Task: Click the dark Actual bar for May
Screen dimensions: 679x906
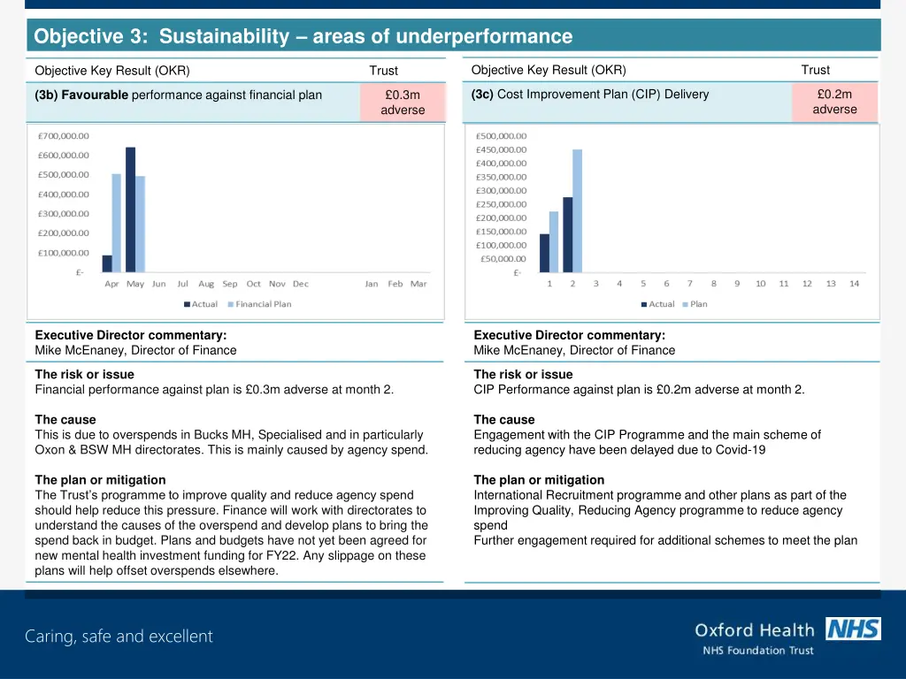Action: pyautogui.click(x=131, y=210)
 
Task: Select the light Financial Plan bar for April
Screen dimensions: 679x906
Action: pyautogui.click(x=116, y=223)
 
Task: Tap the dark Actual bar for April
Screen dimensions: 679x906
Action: pyautogui.click(x=107, y=263)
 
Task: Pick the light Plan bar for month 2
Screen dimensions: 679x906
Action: pyautogui.click(x=578, y=210)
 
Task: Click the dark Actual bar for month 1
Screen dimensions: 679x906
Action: pyautogui.click(x=544, y=253)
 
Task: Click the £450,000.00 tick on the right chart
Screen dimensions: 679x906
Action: pyautogui.click(x=501, y=149)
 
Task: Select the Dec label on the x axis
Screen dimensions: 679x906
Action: pyautogui.click(x=301, y=284)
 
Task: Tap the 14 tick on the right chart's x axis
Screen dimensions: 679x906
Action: pyautogui.click(x=854, y=284)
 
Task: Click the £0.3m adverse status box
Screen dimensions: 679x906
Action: pyautogui.click(x=403, y=103)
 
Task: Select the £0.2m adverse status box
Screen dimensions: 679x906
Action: pyautogui.click(x=834, y=102)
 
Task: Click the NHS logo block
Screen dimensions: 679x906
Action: pyautogui.click(x=853, y=629)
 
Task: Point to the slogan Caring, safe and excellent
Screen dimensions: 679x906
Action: pyautogui.click(x=119, y=637)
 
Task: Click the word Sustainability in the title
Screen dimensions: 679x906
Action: pyautogui.click(x=225, y=36)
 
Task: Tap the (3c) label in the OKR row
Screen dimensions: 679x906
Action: pyautogui.click(x=482, y=95)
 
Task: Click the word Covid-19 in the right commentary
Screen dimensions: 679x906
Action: pyautogui.click(x=740, y=449)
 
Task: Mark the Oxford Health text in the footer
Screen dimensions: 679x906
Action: pyautogui.click(x=754, y=630)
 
